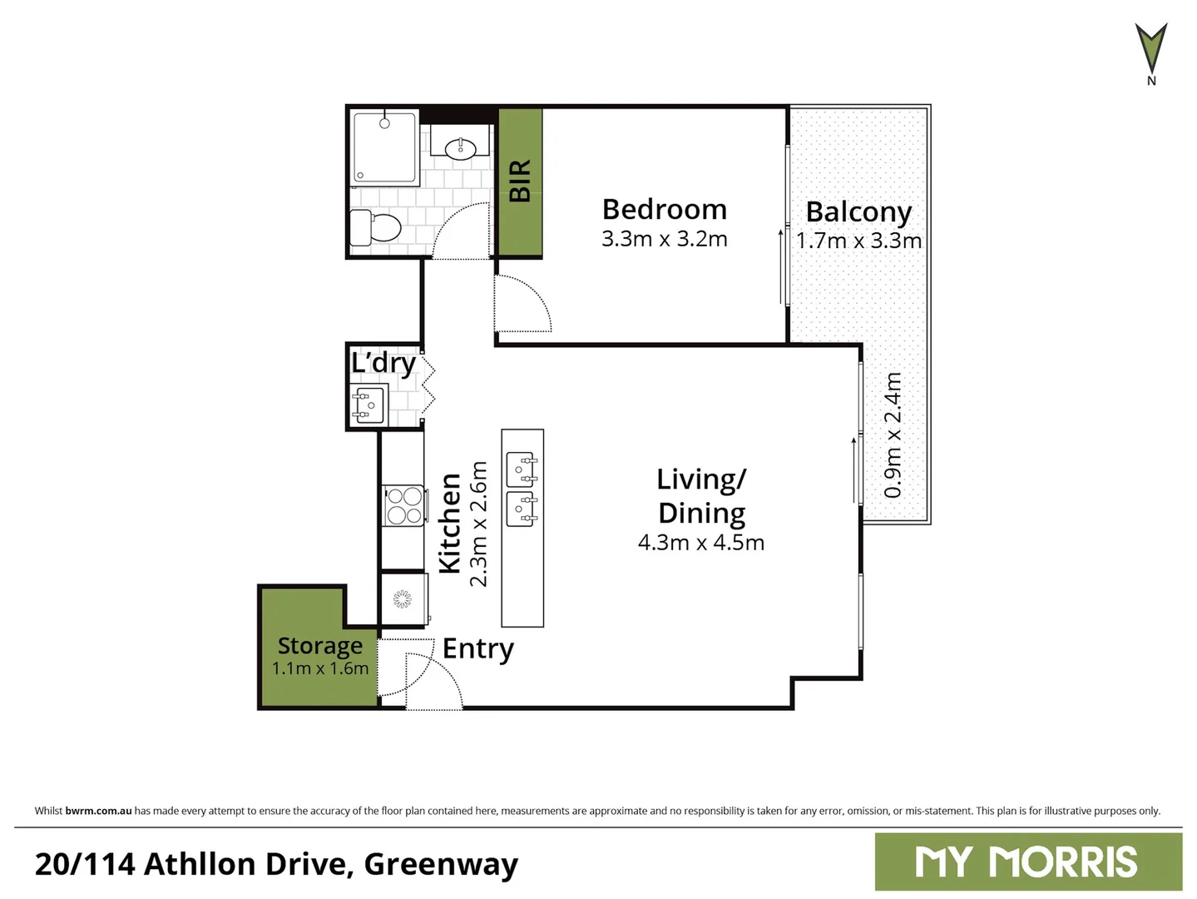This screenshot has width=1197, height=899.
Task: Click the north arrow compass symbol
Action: click(x=1151, y=52)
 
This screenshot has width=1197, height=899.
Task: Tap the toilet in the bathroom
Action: click(x=375, y=226)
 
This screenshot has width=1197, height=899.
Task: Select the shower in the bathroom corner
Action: click(x=384, y=147)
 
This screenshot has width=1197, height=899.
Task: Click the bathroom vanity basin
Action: click(x=460, y=149)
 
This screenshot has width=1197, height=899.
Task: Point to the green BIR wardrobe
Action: click(x=520, y=181)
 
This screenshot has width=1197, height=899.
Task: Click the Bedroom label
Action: click(x=664, y=209)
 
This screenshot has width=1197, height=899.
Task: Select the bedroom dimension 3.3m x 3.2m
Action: click(x=664, y=239)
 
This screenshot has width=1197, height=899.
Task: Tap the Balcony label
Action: click(x=858, y=211)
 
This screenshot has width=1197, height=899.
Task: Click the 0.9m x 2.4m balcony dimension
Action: click(x=893, y=435)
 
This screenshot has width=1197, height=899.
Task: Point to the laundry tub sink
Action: click(x=368, y=405)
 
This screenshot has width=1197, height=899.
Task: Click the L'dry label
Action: click(x=383, y=363)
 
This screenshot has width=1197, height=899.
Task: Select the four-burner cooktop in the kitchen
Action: click(x=403, y=505)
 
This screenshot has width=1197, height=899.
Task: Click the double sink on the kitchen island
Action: click(x=522, y=489)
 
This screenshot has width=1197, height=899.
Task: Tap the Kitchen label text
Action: click(x=449, y=523)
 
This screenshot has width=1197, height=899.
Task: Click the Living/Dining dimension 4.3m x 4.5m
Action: click(x=700, y=543)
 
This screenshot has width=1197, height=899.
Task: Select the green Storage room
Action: click(x=319, y=658)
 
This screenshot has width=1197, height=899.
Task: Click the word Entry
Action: click(x=477, y=648)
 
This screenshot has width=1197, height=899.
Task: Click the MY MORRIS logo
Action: click(x=1027, y=862)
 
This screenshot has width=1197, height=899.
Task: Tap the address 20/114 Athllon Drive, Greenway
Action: click(x=276, y=864)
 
